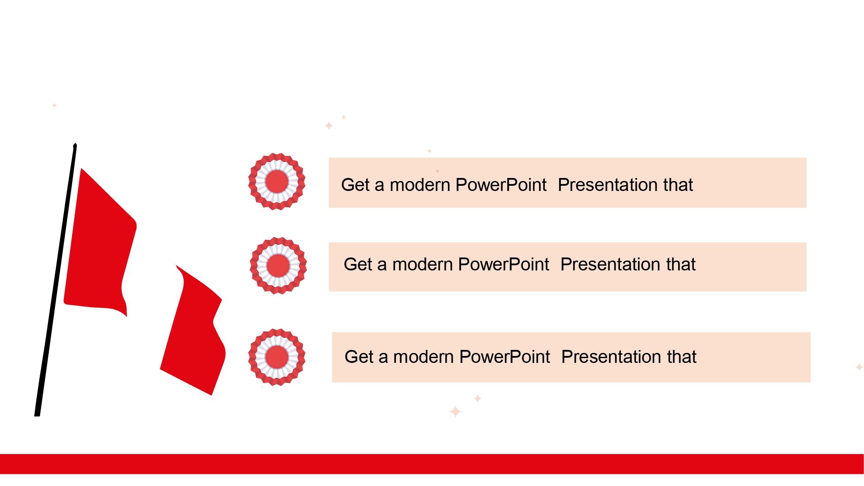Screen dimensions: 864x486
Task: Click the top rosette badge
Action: [x=277, y=181]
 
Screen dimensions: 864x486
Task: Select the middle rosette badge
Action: [x=278, y=265]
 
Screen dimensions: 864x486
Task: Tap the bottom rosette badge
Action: [x=277, y=357]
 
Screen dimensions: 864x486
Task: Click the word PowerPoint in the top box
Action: [x=501, y=185]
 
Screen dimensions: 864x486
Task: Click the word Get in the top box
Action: [x=356, y=185]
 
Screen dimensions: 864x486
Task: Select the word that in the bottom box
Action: [x=682, y=357]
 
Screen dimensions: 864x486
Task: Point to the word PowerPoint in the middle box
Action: [x=503, y=264]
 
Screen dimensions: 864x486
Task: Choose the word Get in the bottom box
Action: [x=359, y=357]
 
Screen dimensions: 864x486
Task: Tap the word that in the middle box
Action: [x=681, y=264]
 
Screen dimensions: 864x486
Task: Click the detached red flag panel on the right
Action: [x=194, y=330]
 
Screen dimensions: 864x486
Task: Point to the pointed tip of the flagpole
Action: [x=75, y=144]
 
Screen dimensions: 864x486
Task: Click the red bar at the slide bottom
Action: [x=432, y=464]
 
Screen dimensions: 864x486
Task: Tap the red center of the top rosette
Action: [x=277, y=181]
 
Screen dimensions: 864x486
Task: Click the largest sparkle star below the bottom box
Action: [x=455, y=412]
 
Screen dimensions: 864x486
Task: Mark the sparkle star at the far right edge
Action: [x=859, y=367]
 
